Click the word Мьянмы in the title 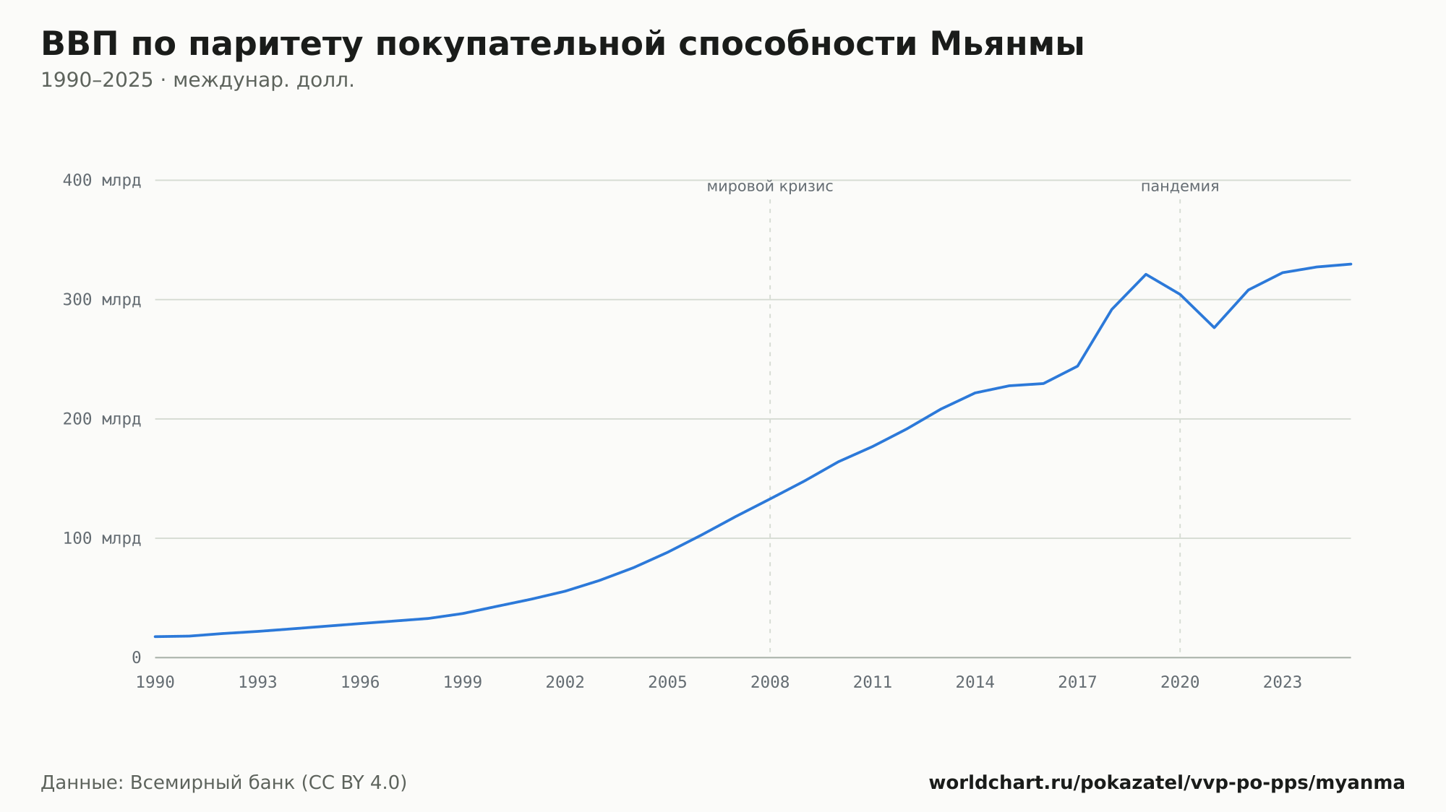click(x=1006, y=44)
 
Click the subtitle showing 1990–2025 click(x=197, y=80)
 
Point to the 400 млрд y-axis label click(x=102, y=181)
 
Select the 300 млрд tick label click(x=102, y=300)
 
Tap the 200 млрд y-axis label click(x=102, y=419)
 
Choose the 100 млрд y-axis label click(x=102, y=538)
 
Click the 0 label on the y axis click(x=136, y=657)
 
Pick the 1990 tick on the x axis click(x=155, y=683)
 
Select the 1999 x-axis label click(x=463, y=683)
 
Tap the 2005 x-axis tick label click(x=667, y=683)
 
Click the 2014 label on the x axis click(x=975, y=683)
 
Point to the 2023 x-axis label click(x=1283, y=683)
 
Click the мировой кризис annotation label click(x=770, y=187)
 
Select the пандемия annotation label click(x=1180, y=187)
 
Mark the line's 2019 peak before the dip click(x=1146, y=275)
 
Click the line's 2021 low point click(x=1214, y=327)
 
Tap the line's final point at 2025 click(x=1351, y=264)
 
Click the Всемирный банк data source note click(x=224, y=783)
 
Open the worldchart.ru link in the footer click(x=1167, y=783)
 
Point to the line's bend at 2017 click(x=1077, y=366)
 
